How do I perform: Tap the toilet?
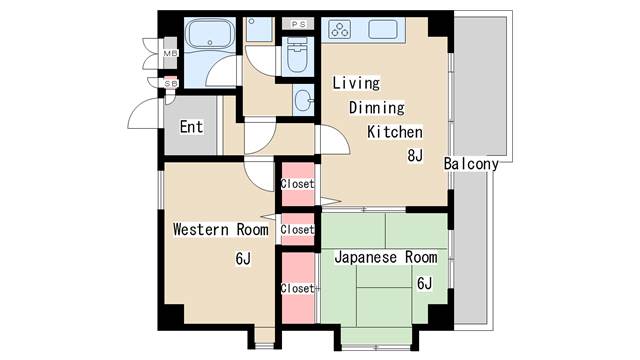[x=297, y=58]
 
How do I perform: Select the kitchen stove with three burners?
[x=341, y=30]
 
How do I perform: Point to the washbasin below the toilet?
[x=303, y=99]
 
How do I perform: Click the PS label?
[x=297, y=23]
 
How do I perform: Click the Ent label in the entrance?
[x=191, y=127]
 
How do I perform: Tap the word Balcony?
[x=470, y=164]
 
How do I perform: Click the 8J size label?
[x=415, y=156]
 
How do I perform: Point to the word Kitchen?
[x=395, y=132]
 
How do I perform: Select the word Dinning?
[x=377, y=107]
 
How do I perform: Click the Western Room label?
[x=221, y=230]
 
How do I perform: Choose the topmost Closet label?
[x=297, y=184]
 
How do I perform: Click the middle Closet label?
[x=297, y=230]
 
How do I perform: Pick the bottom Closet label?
[x=297, y=289]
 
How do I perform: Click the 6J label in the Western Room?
[x=243, y=259]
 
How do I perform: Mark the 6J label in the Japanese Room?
[x=424, y=284]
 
